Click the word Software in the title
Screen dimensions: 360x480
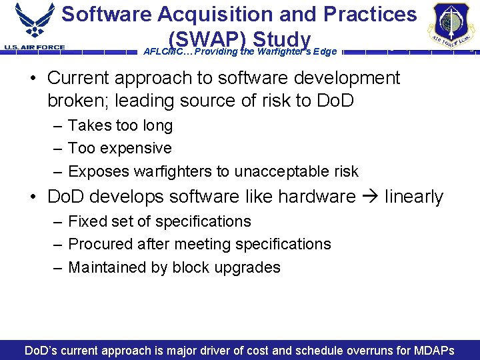107,15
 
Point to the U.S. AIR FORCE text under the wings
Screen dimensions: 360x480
35,47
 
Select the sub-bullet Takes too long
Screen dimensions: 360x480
120,125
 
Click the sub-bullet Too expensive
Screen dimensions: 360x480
120,148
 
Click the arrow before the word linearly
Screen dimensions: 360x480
371,197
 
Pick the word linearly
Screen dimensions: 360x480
414,197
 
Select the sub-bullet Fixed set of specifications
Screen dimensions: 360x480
159,221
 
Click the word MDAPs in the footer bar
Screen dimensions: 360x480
431,351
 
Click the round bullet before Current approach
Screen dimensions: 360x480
33,79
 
